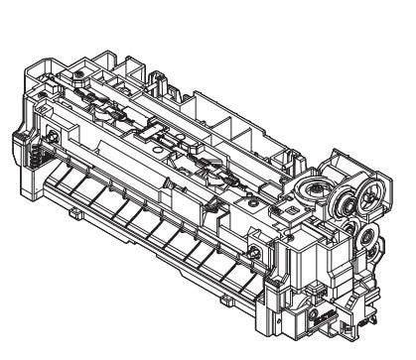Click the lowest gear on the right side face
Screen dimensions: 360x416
[367, 238]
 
